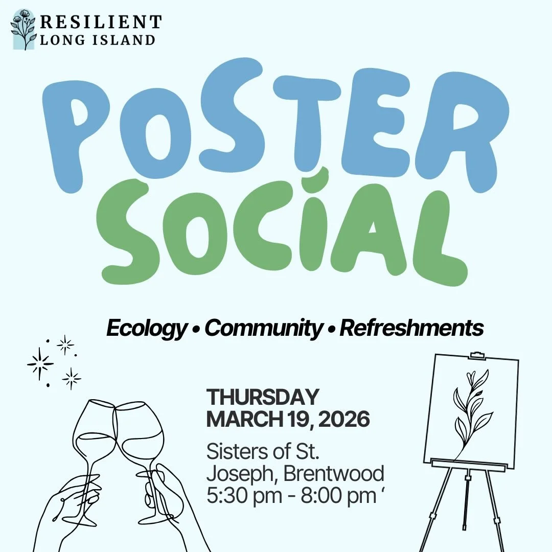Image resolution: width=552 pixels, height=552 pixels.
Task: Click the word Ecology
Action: coord(146,328)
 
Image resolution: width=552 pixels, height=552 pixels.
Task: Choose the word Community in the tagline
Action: coord(263,328)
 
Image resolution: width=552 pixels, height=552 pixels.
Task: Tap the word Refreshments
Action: coord(411,328)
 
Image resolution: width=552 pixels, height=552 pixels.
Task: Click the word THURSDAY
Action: coord(262,397)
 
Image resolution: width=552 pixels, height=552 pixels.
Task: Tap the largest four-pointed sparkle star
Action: coord(40,364)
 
